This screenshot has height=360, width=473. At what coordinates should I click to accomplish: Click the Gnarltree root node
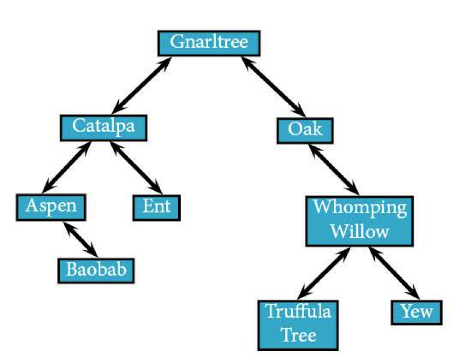209,43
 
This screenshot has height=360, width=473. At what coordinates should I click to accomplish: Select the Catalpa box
104,128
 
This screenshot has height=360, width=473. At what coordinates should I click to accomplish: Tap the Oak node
305,130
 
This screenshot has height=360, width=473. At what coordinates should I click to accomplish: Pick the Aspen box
51,207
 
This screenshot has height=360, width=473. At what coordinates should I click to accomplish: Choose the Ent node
157,208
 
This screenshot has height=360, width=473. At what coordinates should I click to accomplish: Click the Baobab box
96,271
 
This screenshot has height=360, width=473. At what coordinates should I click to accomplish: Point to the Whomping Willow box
360,221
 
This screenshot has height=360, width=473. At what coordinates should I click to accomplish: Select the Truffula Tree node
298,325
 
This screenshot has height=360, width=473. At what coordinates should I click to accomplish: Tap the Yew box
417,312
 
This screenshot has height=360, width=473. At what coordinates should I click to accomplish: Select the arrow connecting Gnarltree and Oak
273,87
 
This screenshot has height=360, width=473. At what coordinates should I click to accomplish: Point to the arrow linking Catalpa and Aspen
66,167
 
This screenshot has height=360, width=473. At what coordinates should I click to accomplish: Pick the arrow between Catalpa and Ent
136,168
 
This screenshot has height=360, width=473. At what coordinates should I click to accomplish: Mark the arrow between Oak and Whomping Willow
334,169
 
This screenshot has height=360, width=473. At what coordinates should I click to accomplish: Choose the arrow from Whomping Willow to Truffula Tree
324,273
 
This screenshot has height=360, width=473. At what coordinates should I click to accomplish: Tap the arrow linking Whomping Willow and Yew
394,273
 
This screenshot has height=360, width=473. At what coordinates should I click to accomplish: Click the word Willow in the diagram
360,232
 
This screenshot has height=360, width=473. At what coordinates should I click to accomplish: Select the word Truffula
298,311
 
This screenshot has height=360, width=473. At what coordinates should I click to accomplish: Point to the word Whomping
360,208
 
